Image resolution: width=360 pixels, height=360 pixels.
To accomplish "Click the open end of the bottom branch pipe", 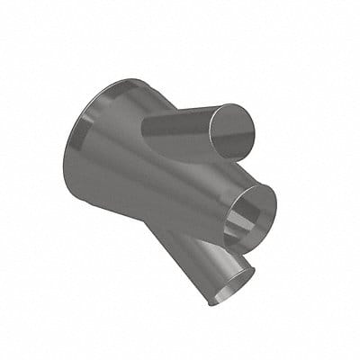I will pyautogui.click(x=230, y=282).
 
